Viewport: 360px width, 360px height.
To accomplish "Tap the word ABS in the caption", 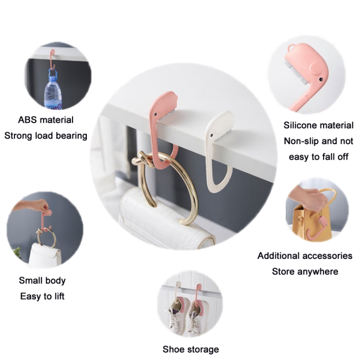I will point(27,120).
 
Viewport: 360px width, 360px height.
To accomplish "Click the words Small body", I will point(42,280).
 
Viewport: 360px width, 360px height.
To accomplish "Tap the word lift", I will point(56,296).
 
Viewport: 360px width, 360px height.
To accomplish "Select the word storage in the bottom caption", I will point(203,349).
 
